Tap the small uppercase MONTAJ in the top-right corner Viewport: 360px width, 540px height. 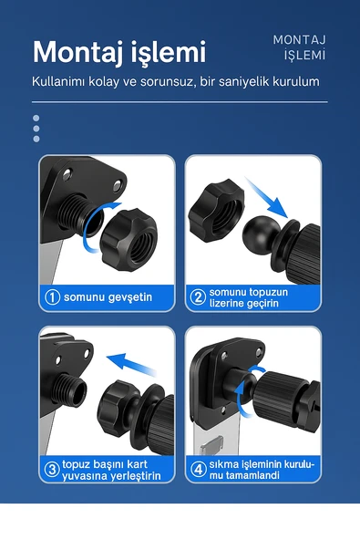click(300, 39)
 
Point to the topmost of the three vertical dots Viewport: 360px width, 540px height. click(36, 118)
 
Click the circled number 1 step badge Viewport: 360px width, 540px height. click(53, 297)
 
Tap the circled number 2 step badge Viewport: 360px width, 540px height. click(199, 297)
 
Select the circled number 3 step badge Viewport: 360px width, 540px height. click(53, 470)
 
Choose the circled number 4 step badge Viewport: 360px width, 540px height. click(199, 470)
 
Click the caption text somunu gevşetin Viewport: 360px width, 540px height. click(108, 297)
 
